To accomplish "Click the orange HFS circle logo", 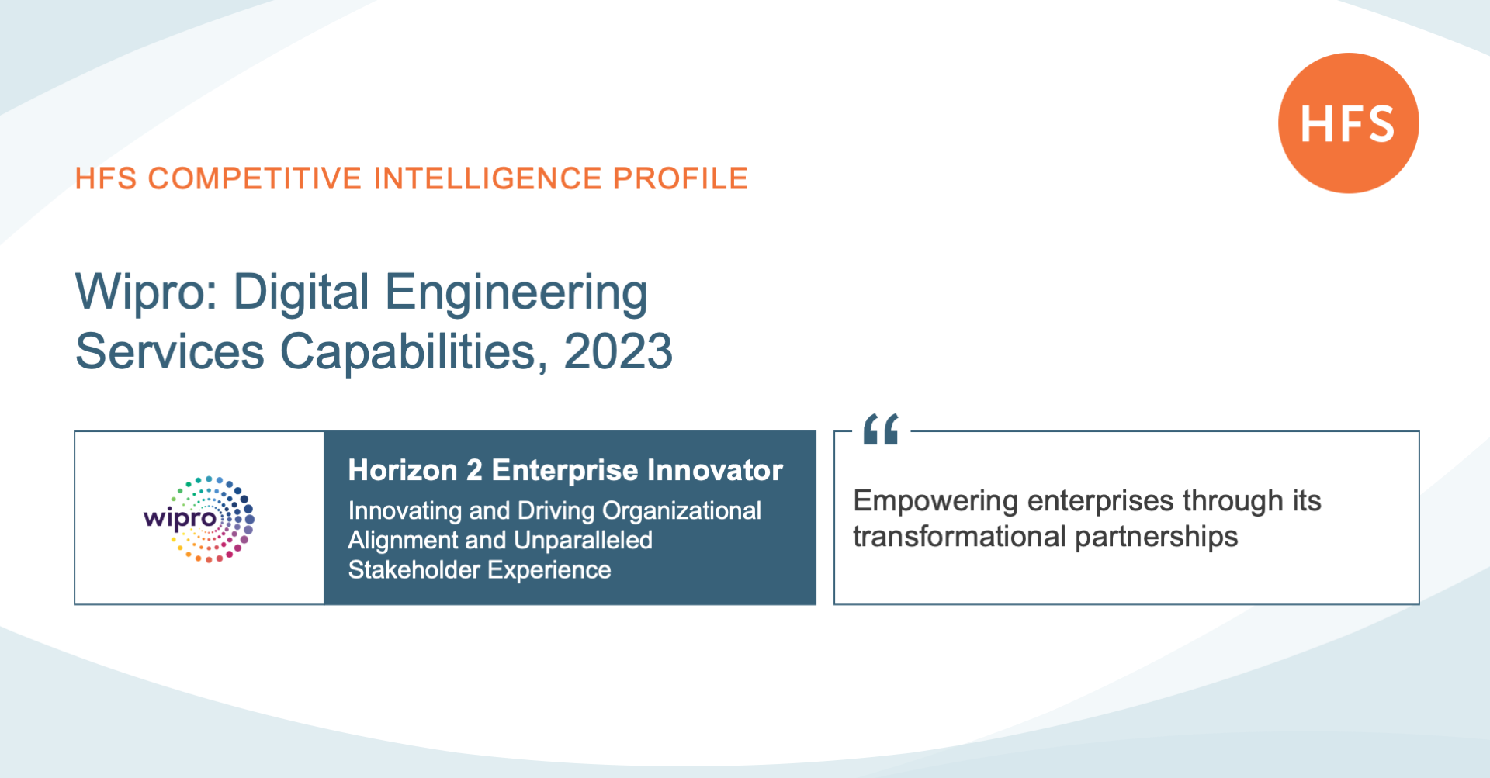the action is (x=1348, y=123).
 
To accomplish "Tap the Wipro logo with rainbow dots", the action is (x=199, y=519).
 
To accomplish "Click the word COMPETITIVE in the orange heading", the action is (x=255, y=178).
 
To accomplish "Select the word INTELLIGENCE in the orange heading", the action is (x=487, y=178).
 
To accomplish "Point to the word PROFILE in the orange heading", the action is (x=681, y=178).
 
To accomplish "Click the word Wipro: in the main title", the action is (x=147, y=292).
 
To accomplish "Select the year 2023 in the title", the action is (x=618, y=352).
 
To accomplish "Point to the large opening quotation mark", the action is (x=881, y=429).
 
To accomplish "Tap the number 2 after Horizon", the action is (x=474, y=470).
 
